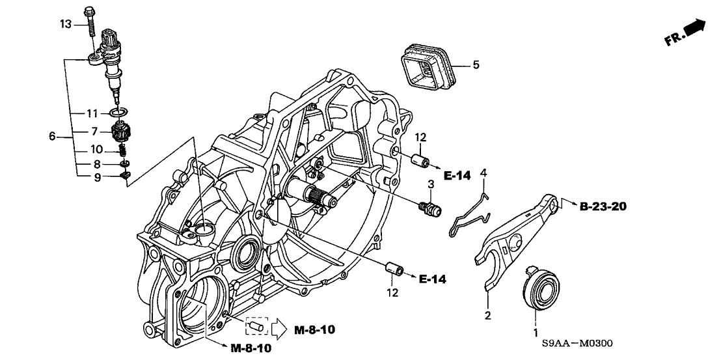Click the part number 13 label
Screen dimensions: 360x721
click(x=64, y=25)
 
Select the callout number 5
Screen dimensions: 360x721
click(x=475, y=65)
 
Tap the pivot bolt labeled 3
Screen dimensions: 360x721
click(x=429, y=210)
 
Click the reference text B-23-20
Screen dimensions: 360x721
click(x=603, y=207)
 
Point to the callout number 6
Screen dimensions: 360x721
click(x=53, y=137)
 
